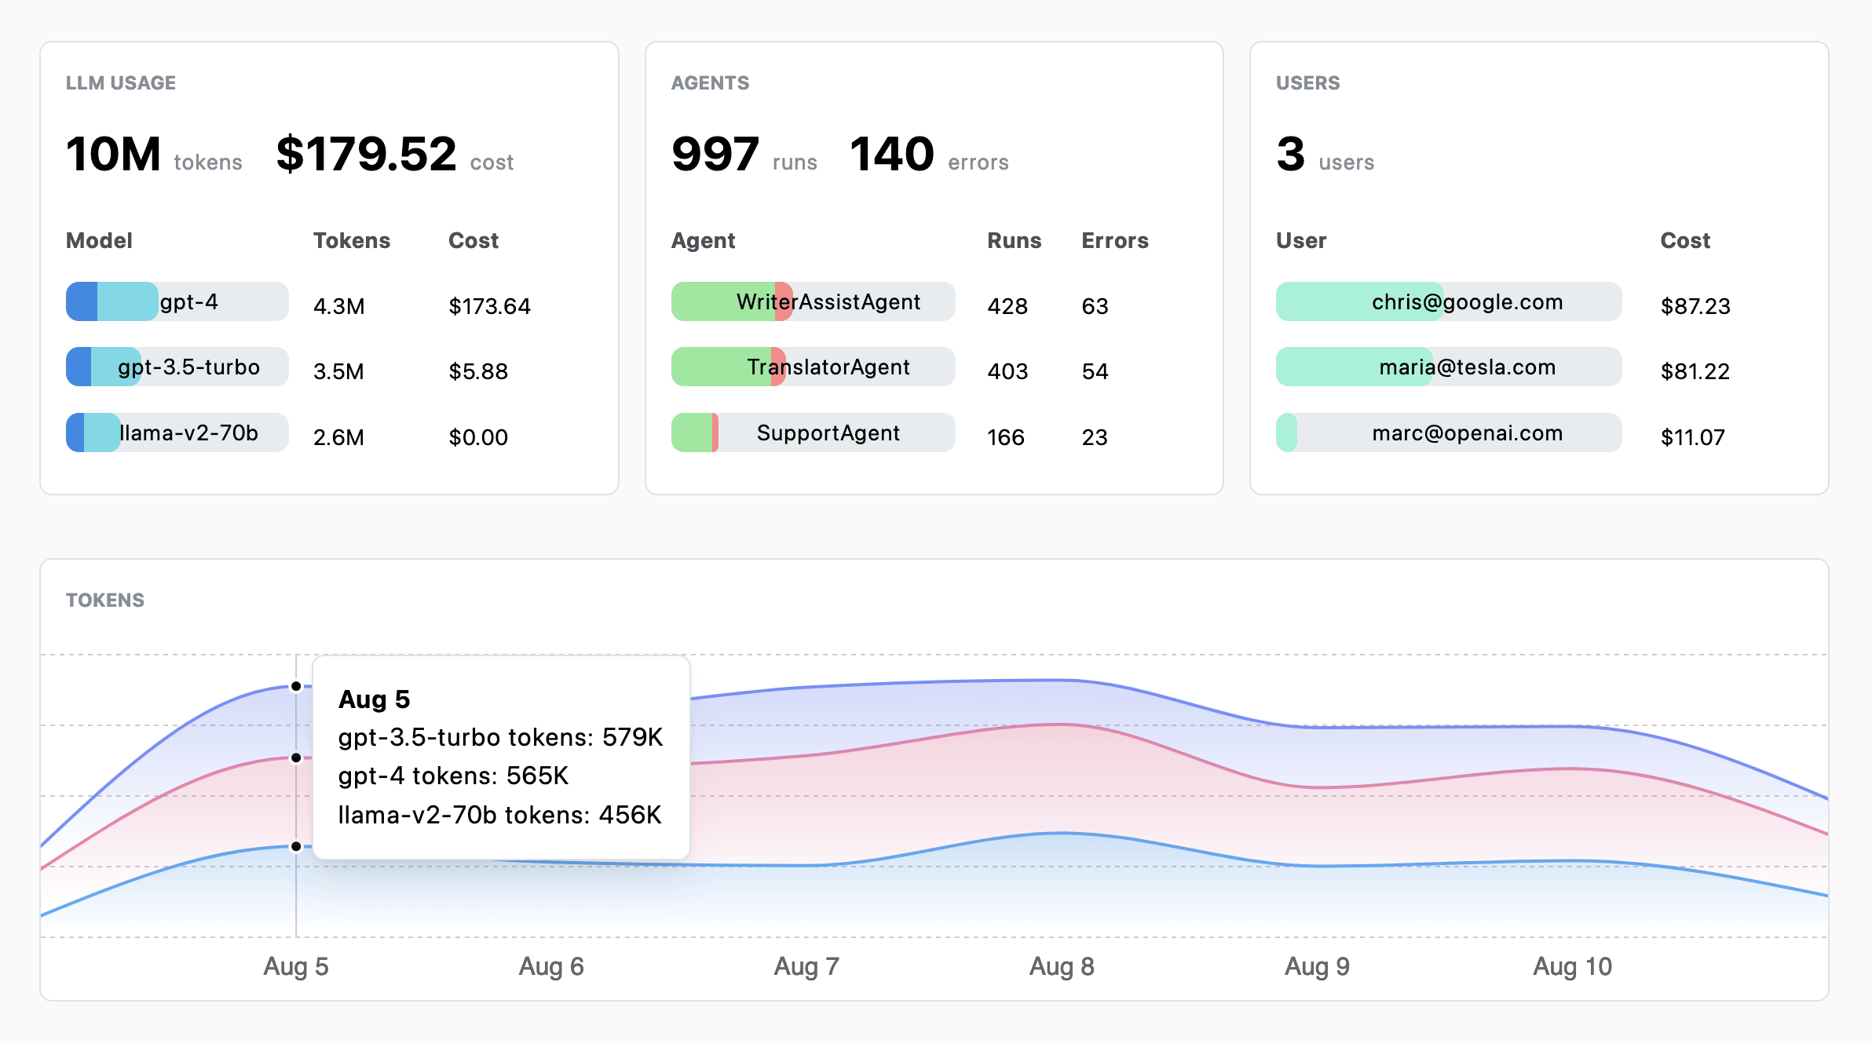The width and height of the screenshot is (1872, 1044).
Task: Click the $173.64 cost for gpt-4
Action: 489,306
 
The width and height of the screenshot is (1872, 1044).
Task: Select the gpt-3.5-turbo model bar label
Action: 188,367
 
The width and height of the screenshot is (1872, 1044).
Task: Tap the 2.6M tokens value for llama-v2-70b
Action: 338,437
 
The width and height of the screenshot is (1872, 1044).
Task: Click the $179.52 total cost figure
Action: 366,154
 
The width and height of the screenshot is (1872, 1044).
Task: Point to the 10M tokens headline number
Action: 114,154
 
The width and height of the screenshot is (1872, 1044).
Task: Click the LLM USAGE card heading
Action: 121,83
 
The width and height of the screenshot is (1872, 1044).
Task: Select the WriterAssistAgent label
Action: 828,302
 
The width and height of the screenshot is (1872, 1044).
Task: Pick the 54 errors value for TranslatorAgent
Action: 1095,371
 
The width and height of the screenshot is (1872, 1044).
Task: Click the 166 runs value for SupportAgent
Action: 1005,437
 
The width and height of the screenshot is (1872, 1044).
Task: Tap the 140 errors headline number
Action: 892,154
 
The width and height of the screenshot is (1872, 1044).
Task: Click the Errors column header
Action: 1114,241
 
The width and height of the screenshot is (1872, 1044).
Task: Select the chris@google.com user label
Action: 1467,302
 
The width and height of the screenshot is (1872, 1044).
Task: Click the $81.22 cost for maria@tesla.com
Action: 1695,371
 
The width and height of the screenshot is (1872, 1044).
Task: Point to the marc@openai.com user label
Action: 1467,433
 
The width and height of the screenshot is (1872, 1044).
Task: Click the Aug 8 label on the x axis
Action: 1062,966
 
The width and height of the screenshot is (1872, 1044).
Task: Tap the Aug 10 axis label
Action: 1572,966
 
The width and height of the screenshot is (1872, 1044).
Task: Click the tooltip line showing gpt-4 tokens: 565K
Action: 453,776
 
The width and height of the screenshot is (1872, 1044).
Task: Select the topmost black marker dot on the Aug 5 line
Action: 296,687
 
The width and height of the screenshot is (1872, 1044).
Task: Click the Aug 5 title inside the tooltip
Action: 374,699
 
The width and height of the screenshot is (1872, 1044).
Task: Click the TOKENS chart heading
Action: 105,600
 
